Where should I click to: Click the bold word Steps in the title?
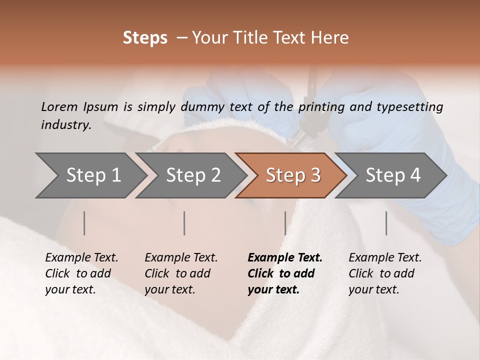(145, 38)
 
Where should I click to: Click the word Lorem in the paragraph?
(59, 106)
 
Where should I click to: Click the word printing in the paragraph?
(321, 106)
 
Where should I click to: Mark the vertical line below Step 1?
(84, 223)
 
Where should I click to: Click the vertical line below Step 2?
(184, 223)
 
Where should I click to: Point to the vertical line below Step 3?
(285, 223)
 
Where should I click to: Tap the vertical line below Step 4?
(386, 223)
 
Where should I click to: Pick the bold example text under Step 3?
(284, 273)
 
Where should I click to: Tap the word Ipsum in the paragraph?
(100, 106)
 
